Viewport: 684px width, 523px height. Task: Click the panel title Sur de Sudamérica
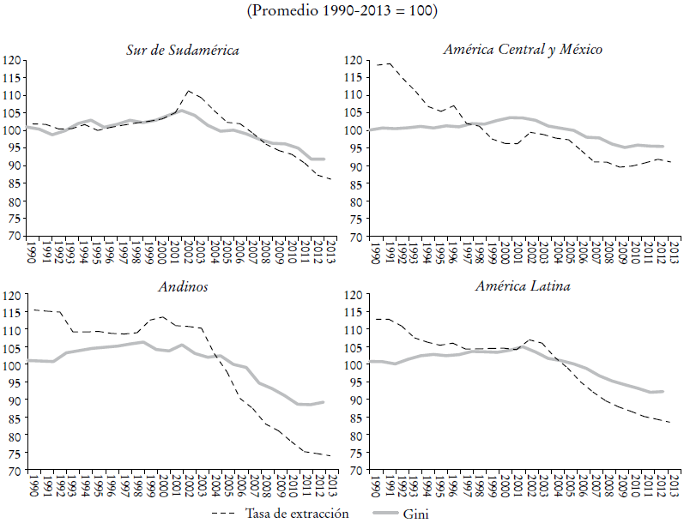click(182, 50)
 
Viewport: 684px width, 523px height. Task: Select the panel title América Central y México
click(522, 50)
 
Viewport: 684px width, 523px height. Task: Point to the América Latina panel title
click(522, 286)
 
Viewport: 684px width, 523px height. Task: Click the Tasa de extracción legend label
click(297, 513)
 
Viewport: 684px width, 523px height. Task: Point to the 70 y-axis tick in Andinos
click(13, 471)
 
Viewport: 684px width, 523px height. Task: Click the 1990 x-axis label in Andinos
click(32, 487)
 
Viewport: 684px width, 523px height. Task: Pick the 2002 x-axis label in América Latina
click(531, 487)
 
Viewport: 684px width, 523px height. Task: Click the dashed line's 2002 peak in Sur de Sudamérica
click(189, 90)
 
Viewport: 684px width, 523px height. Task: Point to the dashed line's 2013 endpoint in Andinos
click(330, 456)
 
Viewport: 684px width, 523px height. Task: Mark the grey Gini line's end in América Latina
click(662, 392)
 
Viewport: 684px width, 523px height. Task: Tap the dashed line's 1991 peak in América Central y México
click(390, 64)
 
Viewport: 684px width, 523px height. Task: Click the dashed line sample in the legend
click(225, 513)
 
